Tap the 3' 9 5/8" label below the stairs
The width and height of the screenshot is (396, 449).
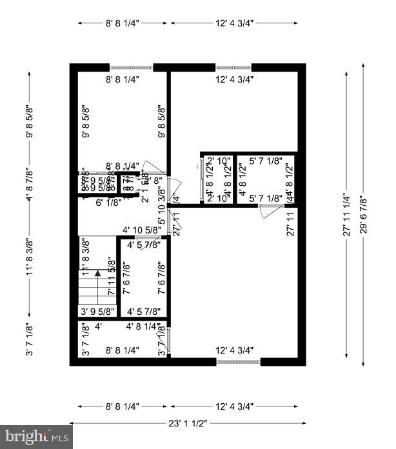(97, 312)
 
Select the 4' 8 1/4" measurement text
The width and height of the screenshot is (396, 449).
(143, 326)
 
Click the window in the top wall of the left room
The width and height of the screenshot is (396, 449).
(132, 67)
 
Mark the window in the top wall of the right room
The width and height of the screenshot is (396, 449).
(233, 67)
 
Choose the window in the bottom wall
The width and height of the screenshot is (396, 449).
(239, 362)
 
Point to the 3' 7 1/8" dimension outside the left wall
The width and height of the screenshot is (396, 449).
(29, 339)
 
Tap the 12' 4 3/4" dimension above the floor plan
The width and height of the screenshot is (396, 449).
(234, 23)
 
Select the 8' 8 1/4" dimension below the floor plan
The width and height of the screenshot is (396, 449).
(123, 407)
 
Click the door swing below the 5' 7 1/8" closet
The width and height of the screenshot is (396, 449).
(266, 211)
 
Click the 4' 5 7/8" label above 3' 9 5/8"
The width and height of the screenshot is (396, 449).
(143, 312)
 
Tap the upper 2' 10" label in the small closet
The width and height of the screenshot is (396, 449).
(219, 161)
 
